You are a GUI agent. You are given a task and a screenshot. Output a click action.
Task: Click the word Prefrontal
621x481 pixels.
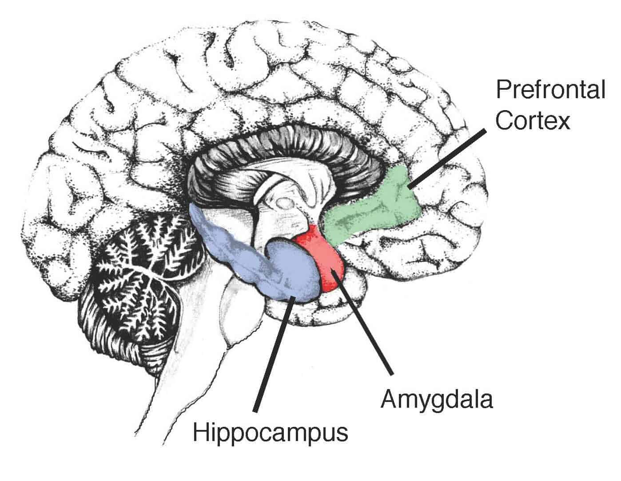(550, 91)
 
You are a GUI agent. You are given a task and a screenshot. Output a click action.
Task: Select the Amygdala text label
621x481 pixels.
(437, 400)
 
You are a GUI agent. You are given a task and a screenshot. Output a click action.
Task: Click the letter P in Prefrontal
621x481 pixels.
(502, 90)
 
